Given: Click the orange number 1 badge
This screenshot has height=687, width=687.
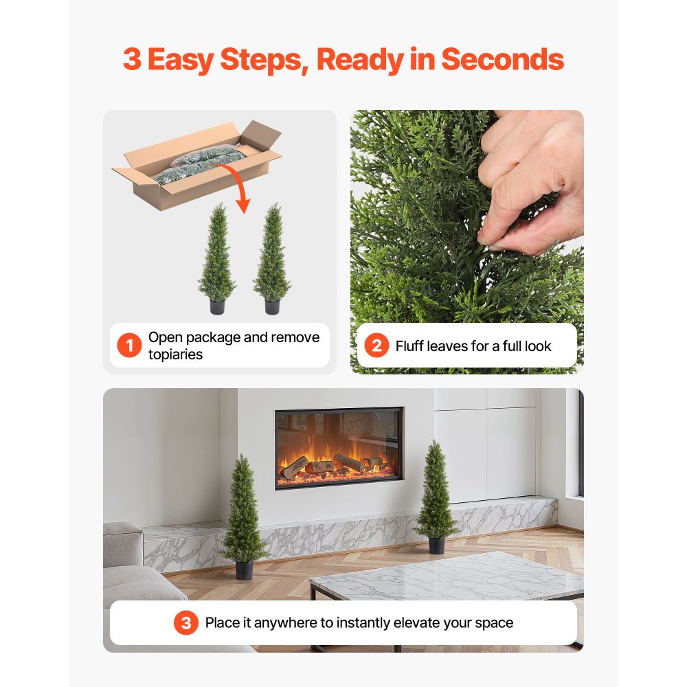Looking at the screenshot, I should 129,346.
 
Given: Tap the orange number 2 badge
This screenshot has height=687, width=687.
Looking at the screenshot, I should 376,346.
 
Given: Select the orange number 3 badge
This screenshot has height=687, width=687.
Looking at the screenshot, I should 185,623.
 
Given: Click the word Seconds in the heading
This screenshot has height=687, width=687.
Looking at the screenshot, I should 502,60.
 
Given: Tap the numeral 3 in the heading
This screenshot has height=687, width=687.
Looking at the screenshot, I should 132,60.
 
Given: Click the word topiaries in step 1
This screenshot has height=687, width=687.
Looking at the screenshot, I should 175,354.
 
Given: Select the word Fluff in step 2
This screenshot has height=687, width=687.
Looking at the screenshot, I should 409,346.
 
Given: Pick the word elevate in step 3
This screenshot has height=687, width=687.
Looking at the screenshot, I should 421,623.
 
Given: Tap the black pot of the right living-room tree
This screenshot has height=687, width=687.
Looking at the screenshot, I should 436,545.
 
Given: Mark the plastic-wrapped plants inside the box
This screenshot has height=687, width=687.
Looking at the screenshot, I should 199,164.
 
